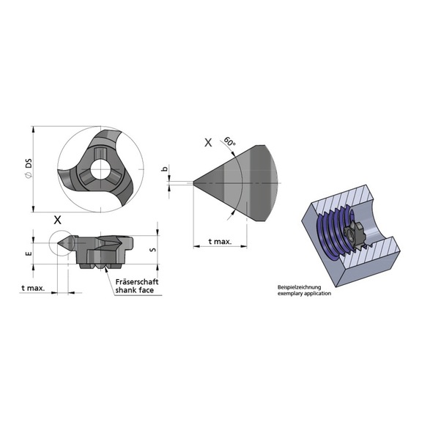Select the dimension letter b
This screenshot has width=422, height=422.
(165, 169)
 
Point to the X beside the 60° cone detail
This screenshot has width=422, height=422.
(208, 144)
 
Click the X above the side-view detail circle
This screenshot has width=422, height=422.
(59, 219)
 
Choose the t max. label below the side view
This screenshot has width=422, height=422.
(33, 288)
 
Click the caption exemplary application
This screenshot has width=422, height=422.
(304, 293)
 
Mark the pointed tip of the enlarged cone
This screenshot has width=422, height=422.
(193, 181)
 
